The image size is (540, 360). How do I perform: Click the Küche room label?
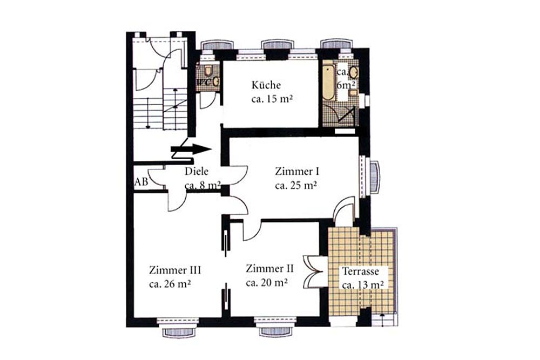click(266, 85)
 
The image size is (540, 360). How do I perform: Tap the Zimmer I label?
click(297, 171)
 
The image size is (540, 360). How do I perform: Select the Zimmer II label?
click(269, 268)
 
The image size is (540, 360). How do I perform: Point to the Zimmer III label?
click(175, 270)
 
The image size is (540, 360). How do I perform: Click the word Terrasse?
click(361, 271)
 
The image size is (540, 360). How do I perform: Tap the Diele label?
click(197, 171)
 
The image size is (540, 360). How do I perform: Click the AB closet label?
click(141, 181)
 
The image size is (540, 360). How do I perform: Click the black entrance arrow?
click(191, 149)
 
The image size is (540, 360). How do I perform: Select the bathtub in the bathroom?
click(328, 83)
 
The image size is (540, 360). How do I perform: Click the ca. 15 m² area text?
click(272, 99)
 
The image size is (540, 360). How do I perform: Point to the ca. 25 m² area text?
click(296, 186)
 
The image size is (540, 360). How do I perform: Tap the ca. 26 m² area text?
click(170, 284)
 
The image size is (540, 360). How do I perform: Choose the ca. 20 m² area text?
click(267, 283)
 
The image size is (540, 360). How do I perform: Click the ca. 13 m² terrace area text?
click(363, 286)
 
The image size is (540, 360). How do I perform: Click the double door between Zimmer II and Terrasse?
click(314, 271)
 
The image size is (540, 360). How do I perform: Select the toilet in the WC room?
click(208, 71)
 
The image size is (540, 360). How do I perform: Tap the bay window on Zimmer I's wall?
click(374, 177)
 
